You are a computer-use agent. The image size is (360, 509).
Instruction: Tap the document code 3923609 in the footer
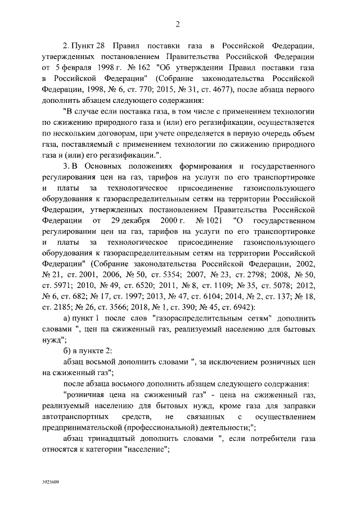coord(50,483)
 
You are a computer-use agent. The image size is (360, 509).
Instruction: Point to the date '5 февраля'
coord(71,67)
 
